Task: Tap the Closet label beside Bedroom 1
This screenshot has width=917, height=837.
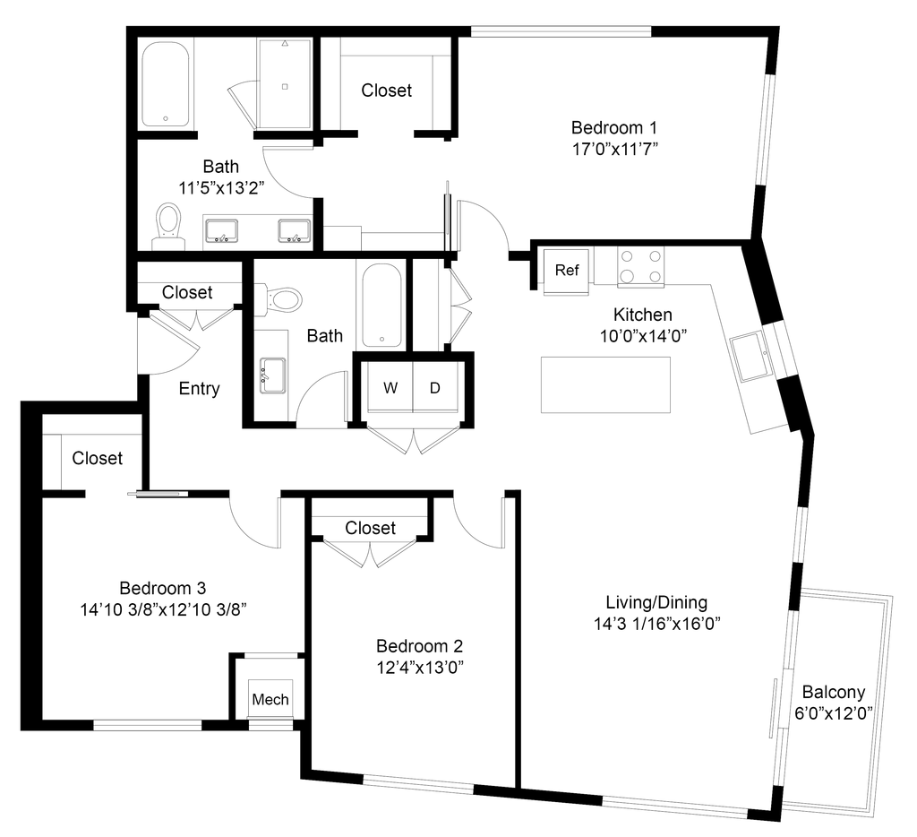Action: pyautogui.click(x=387, y=90)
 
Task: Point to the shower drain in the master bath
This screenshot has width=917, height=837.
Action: pyautogui.click(x=286, y=86)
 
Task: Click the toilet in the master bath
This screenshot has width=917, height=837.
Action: pyautogui.click(x=167, y=224)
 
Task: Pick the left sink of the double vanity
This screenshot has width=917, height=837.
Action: pyautogui.click(x=221, y=232)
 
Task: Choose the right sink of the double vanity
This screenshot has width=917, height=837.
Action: pyautogui.click(x=291, y=232)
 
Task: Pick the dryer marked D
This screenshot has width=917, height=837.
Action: pyautogui.click(x=437, y=388)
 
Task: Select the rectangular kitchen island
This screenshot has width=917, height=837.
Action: pyautogui.click(x=604, y=385)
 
